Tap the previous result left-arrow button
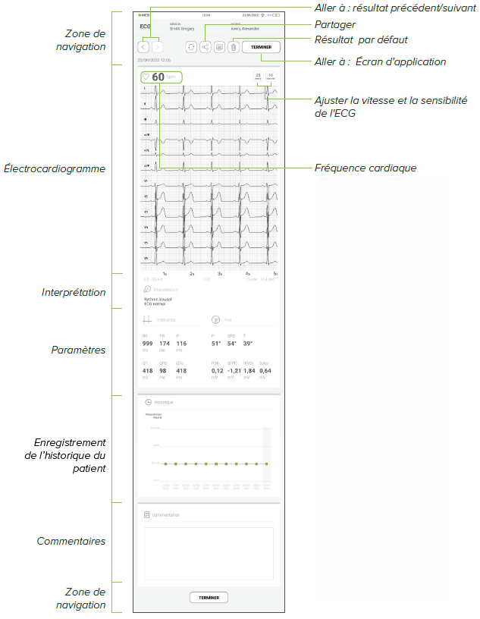click(144, 47)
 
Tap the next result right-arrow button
click(157, 47)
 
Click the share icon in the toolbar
click(205, 47)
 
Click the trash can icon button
click(234, 47)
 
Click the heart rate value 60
click(158, 77)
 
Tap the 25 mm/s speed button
click(258, 77)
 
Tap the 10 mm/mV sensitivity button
click(270, 77)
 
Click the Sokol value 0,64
click(265, 370)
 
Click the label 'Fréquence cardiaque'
click(365, 168)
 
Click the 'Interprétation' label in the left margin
click(73, 293)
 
